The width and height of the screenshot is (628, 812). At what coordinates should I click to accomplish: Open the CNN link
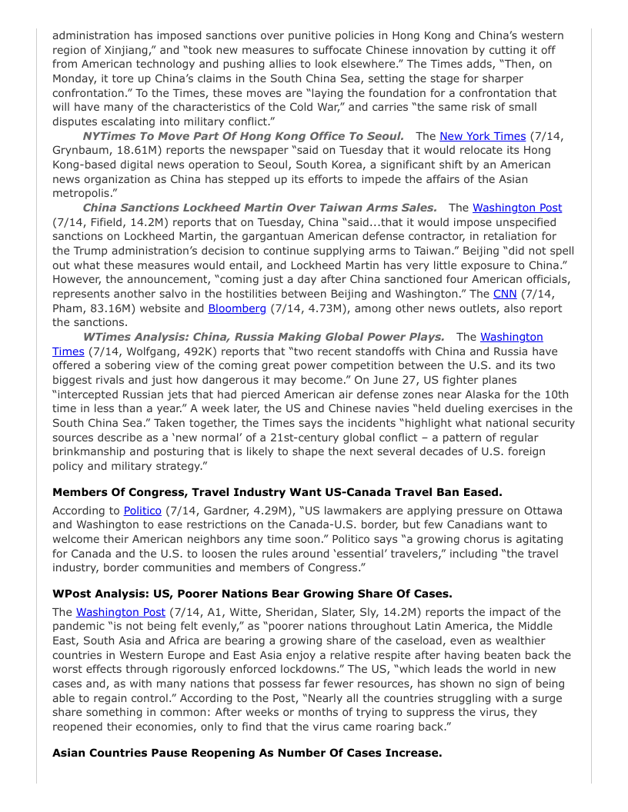point(504,294)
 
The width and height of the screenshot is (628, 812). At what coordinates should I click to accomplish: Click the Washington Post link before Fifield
point(516,208)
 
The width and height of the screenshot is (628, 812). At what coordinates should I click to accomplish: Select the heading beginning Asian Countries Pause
point(247,753)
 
